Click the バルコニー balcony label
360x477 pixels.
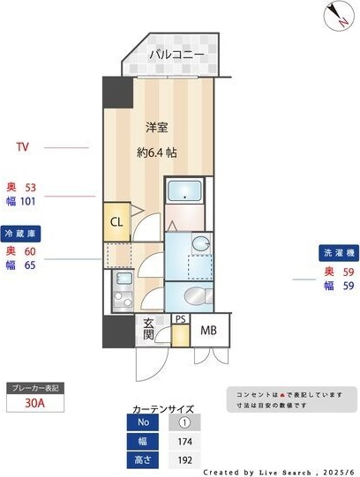pos(176,55)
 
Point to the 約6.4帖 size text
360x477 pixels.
pos(157,152)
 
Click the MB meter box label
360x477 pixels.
pos(208,331)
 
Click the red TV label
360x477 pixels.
pos(23,146)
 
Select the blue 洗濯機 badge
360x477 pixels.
pos(337,253)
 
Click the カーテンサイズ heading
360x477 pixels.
pos(162,409)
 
